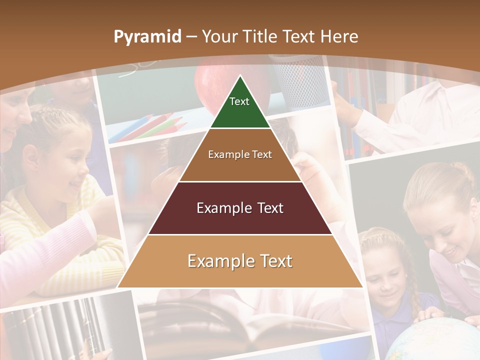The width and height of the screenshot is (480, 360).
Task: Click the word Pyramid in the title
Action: coord(147,37)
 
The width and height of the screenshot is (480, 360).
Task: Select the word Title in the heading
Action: coord(260,36)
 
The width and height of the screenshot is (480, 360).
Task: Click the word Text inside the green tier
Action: coord(239,101)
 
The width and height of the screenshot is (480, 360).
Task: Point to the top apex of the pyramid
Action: coord(240,76)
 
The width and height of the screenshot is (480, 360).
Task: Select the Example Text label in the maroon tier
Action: coord(240,208)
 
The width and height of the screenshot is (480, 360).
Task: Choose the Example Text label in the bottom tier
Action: coord(240,261)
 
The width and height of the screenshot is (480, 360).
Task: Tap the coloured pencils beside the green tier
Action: coord(145,125)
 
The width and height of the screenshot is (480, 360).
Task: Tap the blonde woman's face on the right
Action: coord(450,230)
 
